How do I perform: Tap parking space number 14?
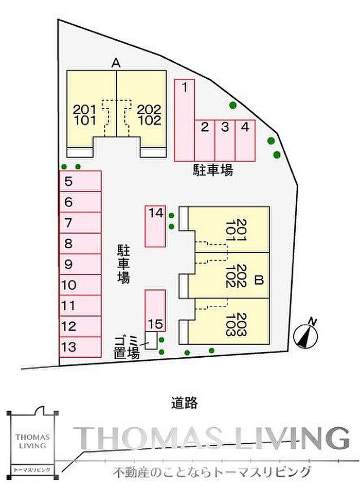pos(155,226)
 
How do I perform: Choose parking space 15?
pos(155,311)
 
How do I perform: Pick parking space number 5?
pos(80,181)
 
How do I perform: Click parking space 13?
pos(80,346)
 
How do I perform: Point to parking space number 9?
pos(80,264)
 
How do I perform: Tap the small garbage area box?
pos(151,340)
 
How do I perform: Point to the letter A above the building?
pos(116,63)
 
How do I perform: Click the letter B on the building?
pos(259,281)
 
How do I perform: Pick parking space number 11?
pos(80,305)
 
